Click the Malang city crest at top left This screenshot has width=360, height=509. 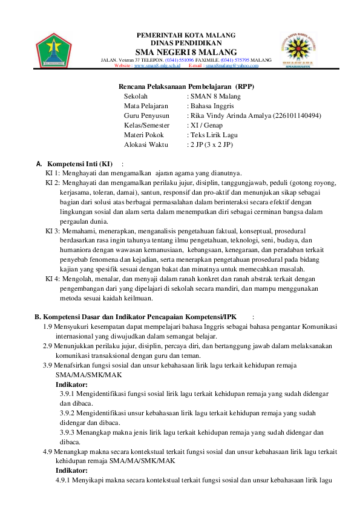[x=53, y=50]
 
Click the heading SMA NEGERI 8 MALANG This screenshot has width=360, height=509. [x=186, y=52]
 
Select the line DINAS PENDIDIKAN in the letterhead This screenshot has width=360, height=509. [x=186, y=43]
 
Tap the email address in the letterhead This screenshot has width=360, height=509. [x=232, y=66]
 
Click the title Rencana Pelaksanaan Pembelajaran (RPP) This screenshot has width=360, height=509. [x=186, y=86]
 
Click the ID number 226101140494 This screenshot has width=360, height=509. [x=297, y=115]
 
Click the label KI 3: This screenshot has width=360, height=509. [x=53, y=231]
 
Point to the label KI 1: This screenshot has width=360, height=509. [x=53, y=173]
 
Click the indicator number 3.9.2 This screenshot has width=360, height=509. [x=71, y=413]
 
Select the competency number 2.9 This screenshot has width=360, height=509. [x=47, y=346]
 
